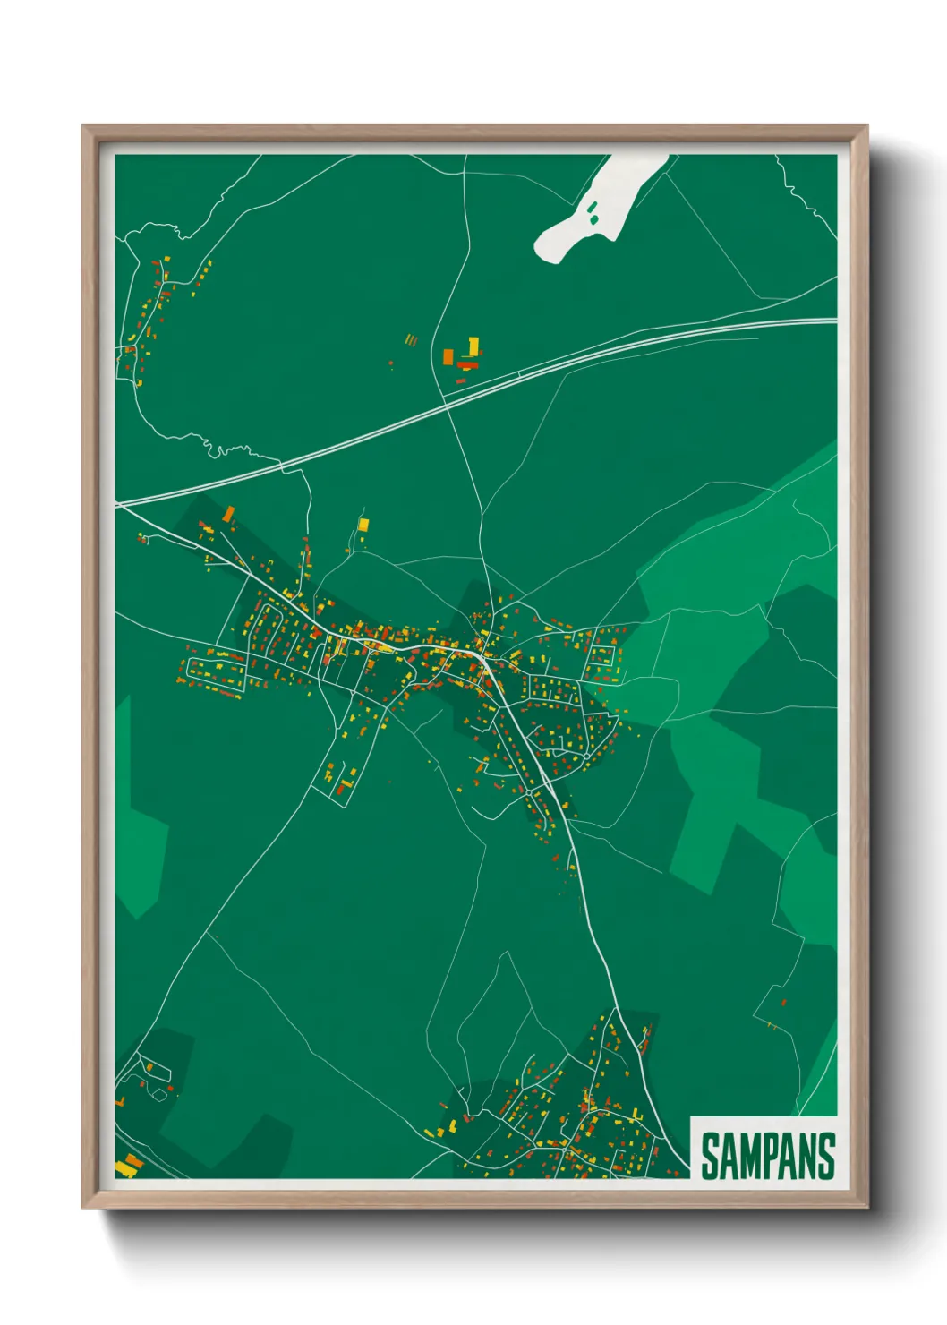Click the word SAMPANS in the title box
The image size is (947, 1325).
pos(767,1156)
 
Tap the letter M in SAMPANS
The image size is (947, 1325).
pos(747,1156)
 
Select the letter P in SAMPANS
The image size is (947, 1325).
pos(768,1156)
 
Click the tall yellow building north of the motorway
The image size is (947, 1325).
pos(473,346)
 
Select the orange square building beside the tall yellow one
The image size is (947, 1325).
pos(448,356)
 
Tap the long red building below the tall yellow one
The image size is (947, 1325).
pos(468,365)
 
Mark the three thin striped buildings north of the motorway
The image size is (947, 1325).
pos(411,340)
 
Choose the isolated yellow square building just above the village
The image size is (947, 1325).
pos(363,523)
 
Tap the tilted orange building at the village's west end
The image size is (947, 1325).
pos(229,513)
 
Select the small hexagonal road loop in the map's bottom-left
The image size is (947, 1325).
pos(159,1093)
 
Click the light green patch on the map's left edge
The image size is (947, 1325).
pos(143,851)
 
